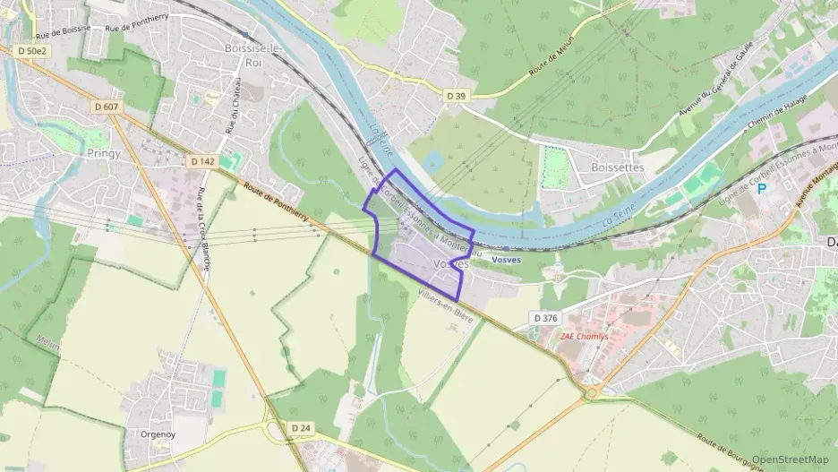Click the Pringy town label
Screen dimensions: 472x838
86,152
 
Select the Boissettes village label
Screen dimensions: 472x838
617,167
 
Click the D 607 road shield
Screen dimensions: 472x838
106,107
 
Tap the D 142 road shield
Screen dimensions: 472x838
203,161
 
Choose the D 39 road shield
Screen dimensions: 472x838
457,94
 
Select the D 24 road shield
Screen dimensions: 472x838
301,429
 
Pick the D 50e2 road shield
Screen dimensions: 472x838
31,52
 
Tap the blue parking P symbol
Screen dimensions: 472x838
762,189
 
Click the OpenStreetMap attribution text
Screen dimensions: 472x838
790,459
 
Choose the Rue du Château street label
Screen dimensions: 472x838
234,114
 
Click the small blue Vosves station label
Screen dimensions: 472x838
507,260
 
